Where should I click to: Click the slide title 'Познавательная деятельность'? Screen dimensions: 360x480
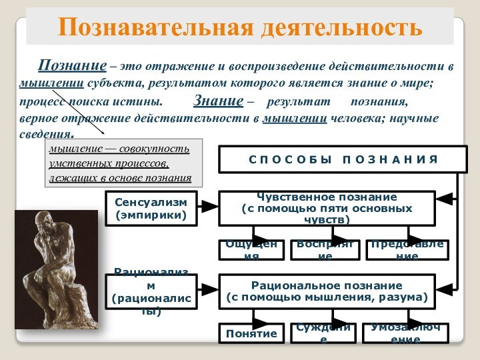240,27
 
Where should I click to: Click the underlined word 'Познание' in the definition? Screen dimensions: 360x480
72,66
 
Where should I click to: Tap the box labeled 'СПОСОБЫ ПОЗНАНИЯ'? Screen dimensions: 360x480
343,159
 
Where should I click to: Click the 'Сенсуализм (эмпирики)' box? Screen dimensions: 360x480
151,208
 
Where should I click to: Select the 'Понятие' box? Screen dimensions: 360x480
251,333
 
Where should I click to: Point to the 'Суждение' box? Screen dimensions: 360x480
323,333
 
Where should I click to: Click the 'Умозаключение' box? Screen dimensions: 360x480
405,333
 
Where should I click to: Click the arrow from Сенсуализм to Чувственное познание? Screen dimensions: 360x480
209,208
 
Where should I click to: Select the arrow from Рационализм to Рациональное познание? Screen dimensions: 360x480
209,291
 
